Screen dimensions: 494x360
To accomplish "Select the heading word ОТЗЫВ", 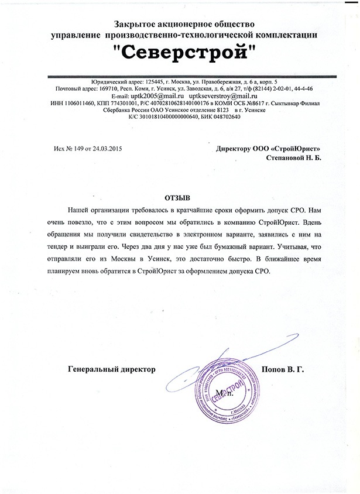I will pyautogui.click(x=180, y=198).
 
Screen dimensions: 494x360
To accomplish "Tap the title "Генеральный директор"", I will pyautogui.click(x=112, y=370).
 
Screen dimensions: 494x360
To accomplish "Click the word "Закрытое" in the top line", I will pyautogui.click(x=137, y=24).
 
